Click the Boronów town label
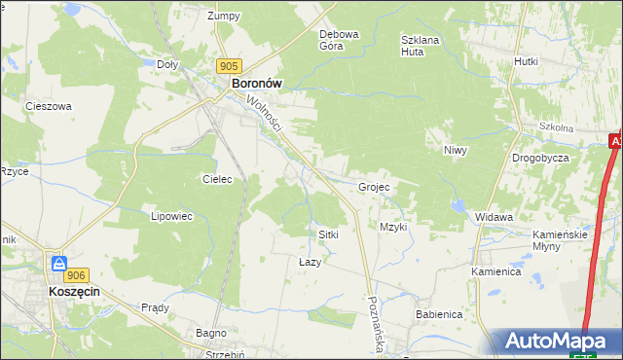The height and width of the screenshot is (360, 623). [x=257, y=85]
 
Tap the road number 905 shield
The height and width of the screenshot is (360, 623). [x=228, y=65]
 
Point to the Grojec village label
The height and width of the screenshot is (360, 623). [x=374, y=187]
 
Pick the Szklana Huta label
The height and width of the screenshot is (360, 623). [x=422, y=46]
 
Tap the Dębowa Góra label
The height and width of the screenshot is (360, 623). [x=340, y=40]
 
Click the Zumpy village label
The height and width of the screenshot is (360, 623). [x=224, y=16]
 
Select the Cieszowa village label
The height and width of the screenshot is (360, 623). [x=49, y=106]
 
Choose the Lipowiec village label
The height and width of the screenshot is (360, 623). [x=170, y=216]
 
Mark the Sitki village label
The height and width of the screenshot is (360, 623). [x=328, y=234]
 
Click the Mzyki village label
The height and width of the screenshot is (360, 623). [x=393, y=227]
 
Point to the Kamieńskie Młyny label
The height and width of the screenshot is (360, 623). [x=560, y=240]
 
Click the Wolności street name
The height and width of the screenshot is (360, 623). [x=264, y=115]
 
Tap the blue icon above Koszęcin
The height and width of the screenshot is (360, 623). [x=59, y=264]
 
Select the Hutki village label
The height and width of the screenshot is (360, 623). [x=527, y=60]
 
